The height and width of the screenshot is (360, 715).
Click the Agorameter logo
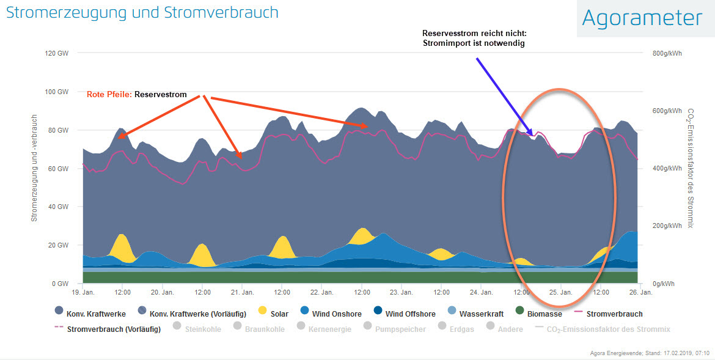pos(642,18)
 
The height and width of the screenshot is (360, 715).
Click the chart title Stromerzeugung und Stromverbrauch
pos(142,12)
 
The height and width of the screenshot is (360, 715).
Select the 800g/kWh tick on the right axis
pos(667,53)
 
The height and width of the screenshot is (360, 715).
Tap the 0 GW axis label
pos(59,284)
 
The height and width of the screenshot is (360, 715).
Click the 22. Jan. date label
pos(322,292)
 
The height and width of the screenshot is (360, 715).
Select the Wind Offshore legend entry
pos(410,314)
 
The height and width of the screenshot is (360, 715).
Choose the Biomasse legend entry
pos(545,314)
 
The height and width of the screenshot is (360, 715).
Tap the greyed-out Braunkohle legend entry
pos(263,329)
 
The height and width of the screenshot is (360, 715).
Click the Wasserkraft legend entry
pos(482,314)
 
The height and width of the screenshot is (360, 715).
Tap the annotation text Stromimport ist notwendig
pos(474,43)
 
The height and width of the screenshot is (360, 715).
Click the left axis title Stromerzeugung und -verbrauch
pos(34,167)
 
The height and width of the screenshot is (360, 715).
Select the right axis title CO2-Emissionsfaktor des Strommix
pos(691,167)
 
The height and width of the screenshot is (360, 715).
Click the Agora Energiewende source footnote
pos(650,353)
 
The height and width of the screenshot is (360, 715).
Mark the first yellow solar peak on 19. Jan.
pos(123,244)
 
